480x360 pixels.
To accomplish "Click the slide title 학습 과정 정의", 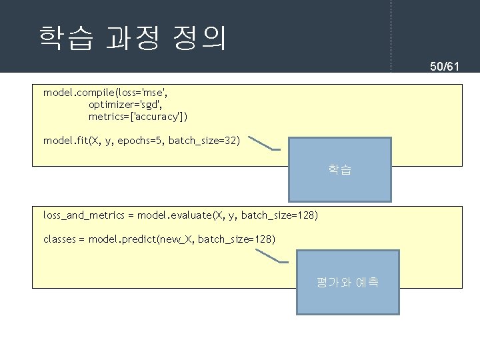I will [x=132, y=39].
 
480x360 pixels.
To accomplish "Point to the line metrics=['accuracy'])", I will [x=138, y=117].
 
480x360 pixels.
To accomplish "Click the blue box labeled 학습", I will [x=339, y=169].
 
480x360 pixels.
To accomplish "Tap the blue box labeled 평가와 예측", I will [x=347, y=282].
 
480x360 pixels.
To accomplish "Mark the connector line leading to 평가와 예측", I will [x=267, y=257].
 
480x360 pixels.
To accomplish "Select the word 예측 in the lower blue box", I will [x=367, y=282].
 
